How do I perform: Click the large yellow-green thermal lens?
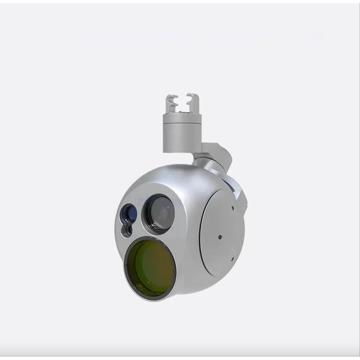pyautogui.click(x=150, y=267)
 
